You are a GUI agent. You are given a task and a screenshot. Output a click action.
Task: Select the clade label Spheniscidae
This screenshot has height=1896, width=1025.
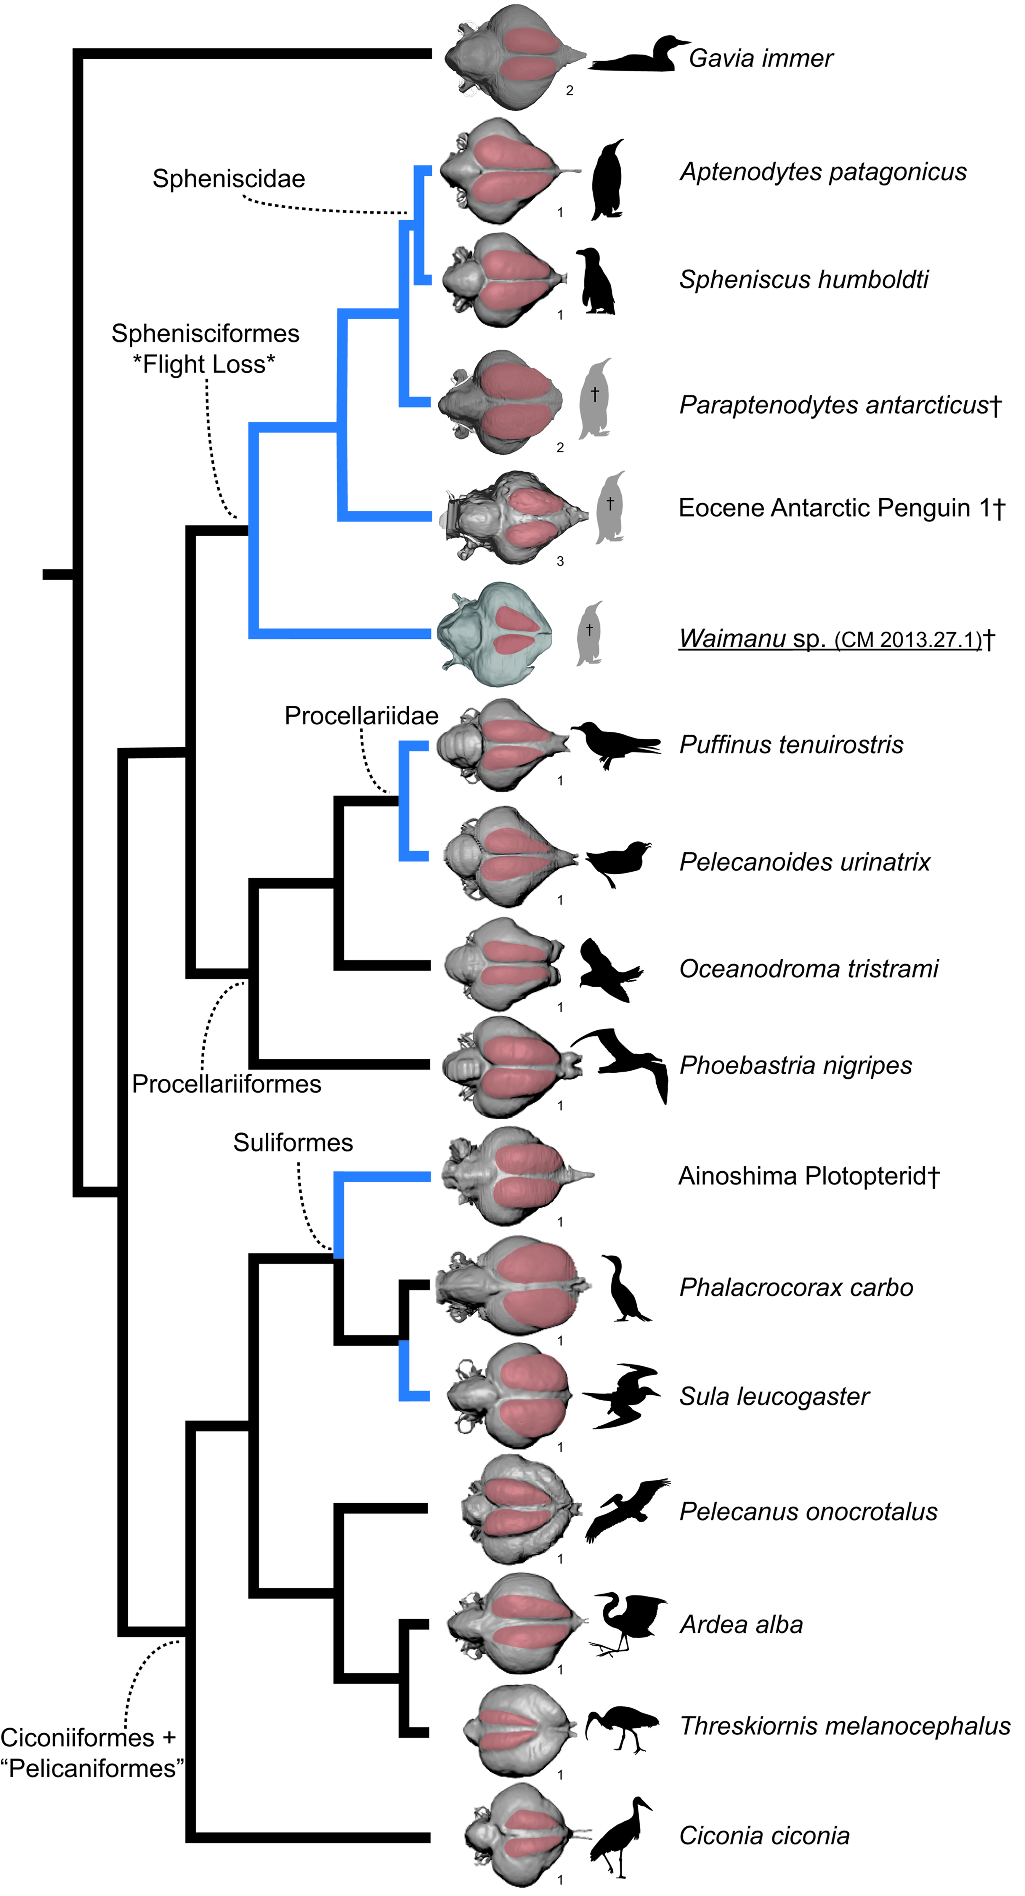click(x=229, y=179)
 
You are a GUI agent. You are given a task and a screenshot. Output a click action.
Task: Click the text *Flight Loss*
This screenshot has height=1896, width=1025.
click(x=204, y=364)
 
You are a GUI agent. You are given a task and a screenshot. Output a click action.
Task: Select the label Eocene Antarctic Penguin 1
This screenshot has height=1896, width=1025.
click(x=841, y=508)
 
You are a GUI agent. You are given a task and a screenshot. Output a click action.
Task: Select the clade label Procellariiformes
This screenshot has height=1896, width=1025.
click(x=227, y=1084)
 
